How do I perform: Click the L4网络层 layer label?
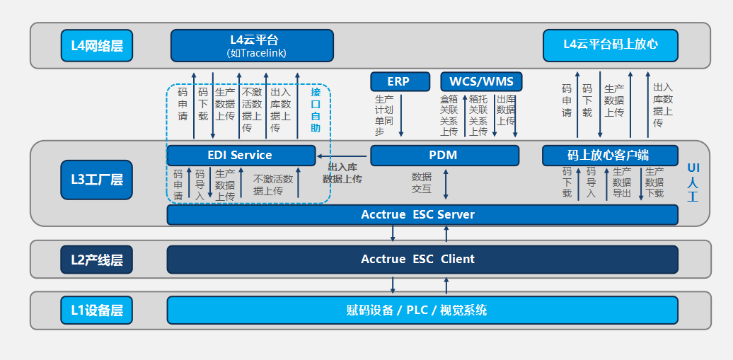(97, 46)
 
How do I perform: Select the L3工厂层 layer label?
(97, 180)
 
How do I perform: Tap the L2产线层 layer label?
(97, 260)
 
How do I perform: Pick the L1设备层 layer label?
(97, 310)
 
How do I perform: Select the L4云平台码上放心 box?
(610, 45)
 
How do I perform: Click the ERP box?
(398, 81)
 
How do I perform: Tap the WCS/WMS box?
(481, 81)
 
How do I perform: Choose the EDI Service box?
(241, 156)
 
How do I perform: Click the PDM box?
(444, 156)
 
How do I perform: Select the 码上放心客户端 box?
(608, 156)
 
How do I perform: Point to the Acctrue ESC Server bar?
(422, 214)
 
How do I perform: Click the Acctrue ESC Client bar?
(422, 259)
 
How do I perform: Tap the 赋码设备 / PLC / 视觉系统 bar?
(422, 310)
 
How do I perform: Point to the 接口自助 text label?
(316, 110)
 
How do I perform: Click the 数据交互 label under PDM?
(422, 183)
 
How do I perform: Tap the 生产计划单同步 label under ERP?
(384, 116)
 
